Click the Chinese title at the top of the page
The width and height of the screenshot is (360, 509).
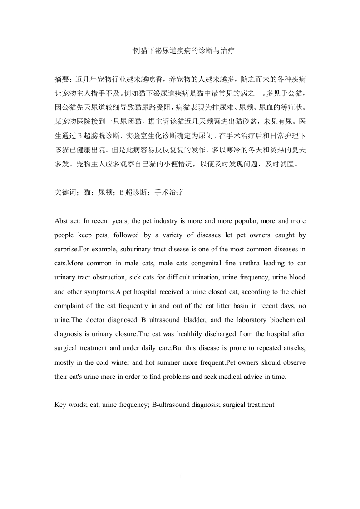[180, 52]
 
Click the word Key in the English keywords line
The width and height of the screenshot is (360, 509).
[60, 404]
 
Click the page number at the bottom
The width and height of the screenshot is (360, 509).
[180, 476]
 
